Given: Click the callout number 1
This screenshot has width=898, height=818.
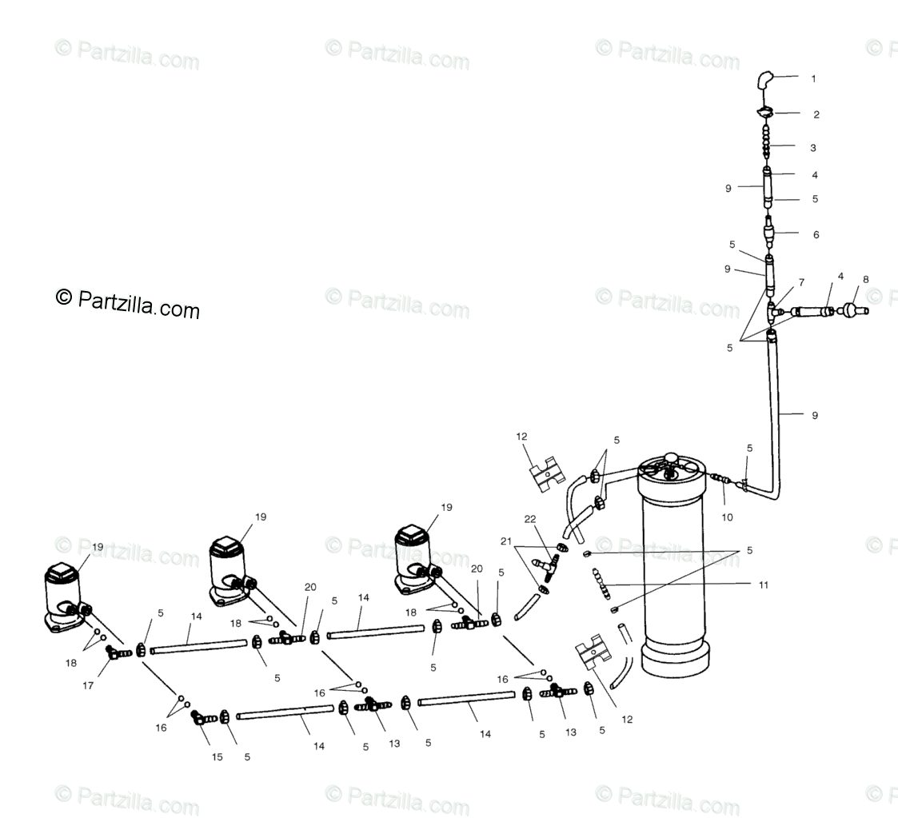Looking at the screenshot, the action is (x=813, y=78).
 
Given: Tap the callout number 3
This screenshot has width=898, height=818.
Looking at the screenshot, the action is (x=813, y=148).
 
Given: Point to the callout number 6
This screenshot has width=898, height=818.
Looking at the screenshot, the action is (x=815, y=235).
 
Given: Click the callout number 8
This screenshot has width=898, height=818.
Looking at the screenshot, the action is (x=866, y=280).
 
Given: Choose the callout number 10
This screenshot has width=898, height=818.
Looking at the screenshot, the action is (x=728, y=517).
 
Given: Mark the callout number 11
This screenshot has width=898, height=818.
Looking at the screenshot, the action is (x=764, y=585).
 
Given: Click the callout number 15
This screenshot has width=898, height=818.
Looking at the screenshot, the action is (x=218, y=756).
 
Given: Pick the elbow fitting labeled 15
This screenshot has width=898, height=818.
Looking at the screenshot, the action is (x=199, y=718).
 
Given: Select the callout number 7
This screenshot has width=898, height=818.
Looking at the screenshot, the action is (x=801, y=283).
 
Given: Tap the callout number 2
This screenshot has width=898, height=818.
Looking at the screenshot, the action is (x=816, y=114).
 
